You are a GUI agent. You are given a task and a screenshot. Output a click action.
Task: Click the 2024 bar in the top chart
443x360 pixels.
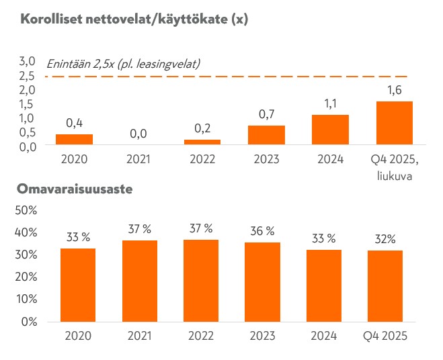tap(331, 130)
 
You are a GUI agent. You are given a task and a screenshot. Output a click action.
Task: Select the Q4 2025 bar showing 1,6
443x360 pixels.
tap(395, 123)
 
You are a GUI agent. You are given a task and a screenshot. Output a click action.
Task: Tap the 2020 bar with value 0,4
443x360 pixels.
tap(74, 139)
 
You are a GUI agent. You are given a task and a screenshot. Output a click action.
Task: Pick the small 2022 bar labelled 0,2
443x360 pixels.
tap(202, 142)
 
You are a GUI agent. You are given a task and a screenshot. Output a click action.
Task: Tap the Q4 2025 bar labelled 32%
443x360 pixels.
tap(385, 285)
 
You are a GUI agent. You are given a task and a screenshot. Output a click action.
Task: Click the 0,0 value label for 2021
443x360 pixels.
tap(138, 134)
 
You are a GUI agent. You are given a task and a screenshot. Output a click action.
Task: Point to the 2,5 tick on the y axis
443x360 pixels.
tap(28, 77)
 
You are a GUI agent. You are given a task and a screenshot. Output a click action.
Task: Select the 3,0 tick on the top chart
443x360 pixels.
tap(28, 62)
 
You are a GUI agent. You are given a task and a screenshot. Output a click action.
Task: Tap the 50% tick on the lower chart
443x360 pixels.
tap(26, 210)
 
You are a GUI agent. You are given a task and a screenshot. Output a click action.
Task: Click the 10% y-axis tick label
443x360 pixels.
tap(26, 299)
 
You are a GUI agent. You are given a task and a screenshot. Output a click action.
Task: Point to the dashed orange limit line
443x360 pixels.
tap(269, 77)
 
